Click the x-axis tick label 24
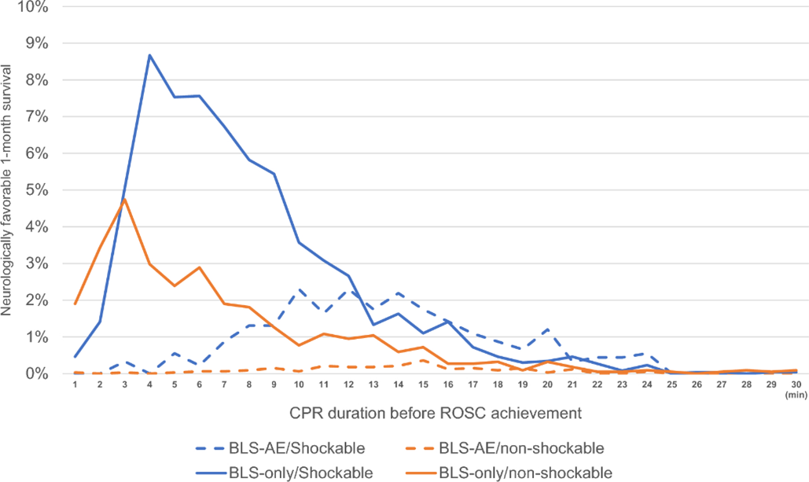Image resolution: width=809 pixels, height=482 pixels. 648,384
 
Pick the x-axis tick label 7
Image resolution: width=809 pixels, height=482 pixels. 224,384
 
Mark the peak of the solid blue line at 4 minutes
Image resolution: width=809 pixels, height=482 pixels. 149,55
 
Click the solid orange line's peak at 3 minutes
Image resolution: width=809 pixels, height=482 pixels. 124,199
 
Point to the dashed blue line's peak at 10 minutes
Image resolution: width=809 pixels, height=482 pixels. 299,289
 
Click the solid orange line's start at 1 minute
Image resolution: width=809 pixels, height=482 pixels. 75,304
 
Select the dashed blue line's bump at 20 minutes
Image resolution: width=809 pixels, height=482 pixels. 548,329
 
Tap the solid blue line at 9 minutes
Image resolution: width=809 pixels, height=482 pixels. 274,174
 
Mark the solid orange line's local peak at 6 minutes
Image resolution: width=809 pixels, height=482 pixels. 199,267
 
